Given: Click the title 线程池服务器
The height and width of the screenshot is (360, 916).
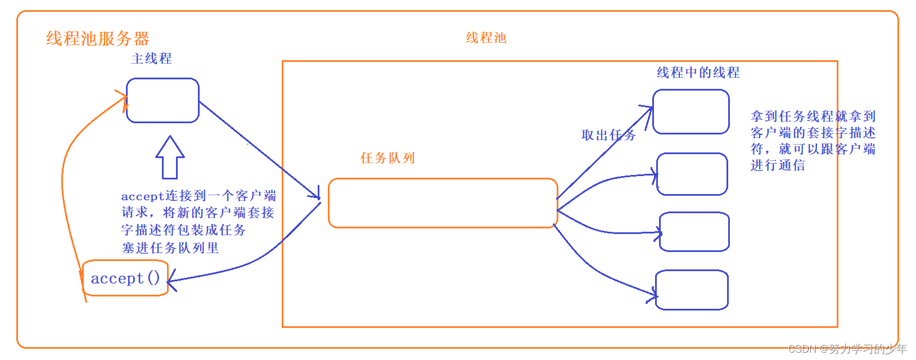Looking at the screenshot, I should (x=97, y=39).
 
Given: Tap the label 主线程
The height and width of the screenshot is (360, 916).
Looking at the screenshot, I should (x=151, y=58).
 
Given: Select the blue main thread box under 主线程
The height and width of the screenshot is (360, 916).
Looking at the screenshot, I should (x=163, y=100).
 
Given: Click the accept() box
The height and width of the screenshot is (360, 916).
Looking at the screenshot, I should (x=125, y=278).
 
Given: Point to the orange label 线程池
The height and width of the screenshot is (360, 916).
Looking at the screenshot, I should (x=486, y=38).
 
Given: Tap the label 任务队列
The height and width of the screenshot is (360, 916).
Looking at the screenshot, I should (x=387, y=158).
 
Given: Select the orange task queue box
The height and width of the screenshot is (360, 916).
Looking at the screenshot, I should (x=443, y=203).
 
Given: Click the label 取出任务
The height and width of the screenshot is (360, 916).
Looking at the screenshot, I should (x=608, y=135).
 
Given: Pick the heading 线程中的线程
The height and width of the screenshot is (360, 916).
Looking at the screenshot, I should (x=698, y=73).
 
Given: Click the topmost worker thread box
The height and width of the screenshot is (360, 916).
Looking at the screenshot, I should (x=691, y=111).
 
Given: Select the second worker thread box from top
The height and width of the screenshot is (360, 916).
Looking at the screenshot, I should (x=692, y=174).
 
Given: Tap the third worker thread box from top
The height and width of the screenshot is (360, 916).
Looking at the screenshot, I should (x=694, y=231).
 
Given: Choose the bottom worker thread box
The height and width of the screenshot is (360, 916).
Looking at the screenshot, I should (x=692, y=290).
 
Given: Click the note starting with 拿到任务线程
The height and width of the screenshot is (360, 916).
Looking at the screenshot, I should (x=813, y=141).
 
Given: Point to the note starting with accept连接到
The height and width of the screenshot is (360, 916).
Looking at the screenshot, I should (x=198, y=222).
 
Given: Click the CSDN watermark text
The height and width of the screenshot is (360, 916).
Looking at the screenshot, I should (x=847, y=349).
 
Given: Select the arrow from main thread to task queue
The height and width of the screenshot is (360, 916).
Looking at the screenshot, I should (x=259, y=149).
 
